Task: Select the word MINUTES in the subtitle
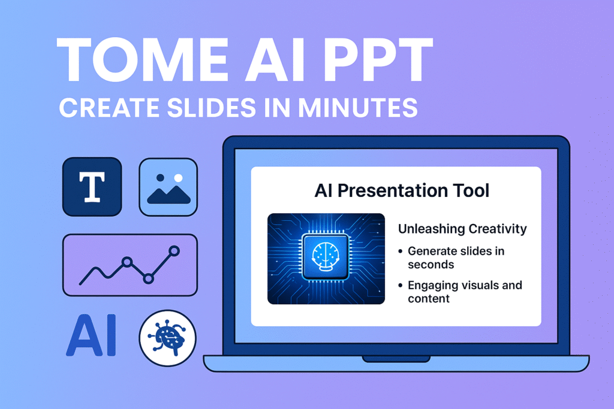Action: pos(358,108)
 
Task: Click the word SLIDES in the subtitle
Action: pos(212,108)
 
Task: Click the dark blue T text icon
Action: pos(92,187)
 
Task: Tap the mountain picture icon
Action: pos(168,187)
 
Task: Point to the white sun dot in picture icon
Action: pos(178,178)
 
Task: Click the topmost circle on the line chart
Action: pos(174,251)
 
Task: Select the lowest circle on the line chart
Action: pos(148,279)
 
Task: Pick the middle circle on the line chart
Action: pos(127,262)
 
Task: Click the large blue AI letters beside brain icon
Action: pos(92,335)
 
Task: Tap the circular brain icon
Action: pos(168,338)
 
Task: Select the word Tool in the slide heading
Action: pos(471,191)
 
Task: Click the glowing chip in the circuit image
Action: pos(326,257)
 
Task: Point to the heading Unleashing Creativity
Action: pos(462,229)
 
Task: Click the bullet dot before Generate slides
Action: pos(400,251)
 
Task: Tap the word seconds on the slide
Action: pos(431,265)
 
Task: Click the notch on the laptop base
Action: pos(396,359)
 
